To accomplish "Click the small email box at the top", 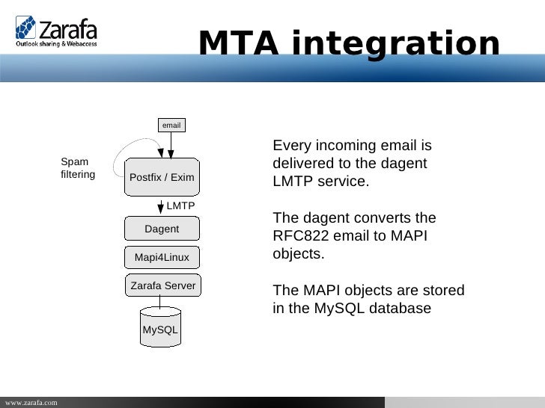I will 171,125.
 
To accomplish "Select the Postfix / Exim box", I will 162,177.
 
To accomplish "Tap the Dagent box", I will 162,229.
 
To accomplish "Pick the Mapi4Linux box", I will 162,258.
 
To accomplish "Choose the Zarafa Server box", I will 162,285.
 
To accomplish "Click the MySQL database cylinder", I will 160,327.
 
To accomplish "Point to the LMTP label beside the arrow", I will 180,205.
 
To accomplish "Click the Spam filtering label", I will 77,168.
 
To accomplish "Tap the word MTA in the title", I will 237,44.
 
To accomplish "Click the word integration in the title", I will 395,44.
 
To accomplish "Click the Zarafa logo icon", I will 25,28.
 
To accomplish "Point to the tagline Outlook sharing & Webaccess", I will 57,44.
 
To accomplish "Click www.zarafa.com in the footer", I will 30,403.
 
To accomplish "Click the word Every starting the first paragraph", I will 291,146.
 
